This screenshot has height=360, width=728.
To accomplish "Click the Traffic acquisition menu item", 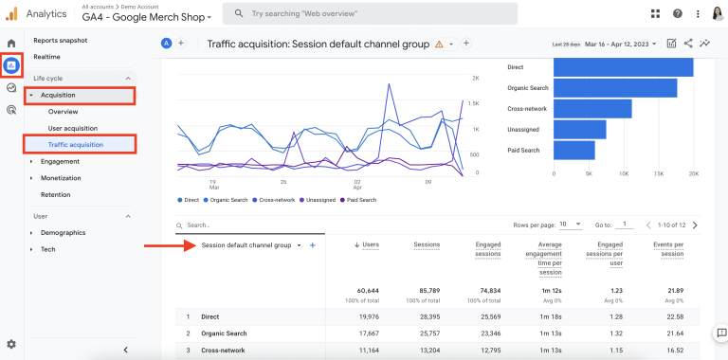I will coord(76,144).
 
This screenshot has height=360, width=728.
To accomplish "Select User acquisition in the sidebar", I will coord(72,128).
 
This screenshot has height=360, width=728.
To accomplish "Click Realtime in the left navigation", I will coord(47,57).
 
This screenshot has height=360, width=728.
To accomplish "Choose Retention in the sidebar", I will coord(55,194).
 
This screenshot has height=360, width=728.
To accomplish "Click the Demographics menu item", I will coord(63,232).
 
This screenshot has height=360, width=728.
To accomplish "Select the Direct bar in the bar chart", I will coord(622,68).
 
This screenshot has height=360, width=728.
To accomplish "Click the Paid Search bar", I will coord(573,151).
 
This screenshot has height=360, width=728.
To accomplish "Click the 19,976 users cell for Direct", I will coord(365,317).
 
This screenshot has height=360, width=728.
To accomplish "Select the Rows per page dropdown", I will coord(570,225).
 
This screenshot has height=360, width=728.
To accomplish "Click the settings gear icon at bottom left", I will coord(11,344).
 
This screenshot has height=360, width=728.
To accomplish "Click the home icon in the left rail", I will coord(11,44).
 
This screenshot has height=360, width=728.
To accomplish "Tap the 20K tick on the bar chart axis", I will coord(694,174).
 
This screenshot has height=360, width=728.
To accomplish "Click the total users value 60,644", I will coord(365,290).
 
